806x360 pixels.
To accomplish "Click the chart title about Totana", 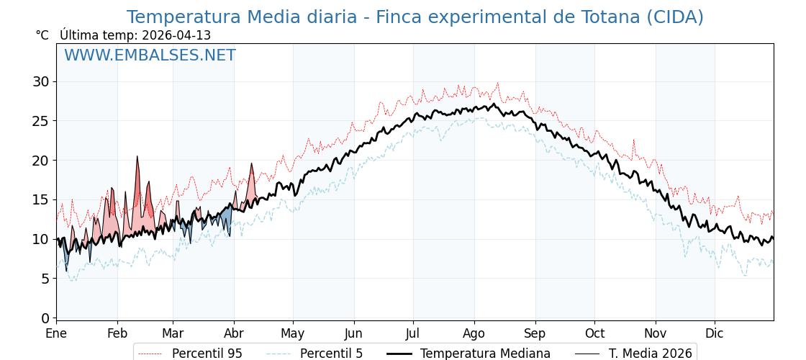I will [415, 17].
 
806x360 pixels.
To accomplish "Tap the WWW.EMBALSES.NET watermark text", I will [150, 55].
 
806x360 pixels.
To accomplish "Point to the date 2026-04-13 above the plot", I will [176, 35].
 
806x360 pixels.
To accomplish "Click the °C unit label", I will [42, 35].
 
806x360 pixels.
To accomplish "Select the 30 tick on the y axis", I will [41, 81].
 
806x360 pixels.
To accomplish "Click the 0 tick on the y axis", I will [45, 318].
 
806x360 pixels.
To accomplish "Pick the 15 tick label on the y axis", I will [41, 199].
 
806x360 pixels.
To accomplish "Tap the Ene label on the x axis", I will [56, 334].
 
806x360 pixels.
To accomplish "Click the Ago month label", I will [474, 334].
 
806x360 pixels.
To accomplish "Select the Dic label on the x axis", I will [715, 334].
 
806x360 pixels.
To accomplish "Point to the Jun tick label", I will [353, 334].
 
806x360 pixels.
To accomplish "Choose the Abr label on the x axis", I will [234, 334].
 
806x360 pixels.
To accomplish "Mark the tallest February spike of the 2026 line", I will [137, 157].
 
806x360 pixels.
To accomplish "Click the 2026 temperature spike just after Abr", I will [251, 164].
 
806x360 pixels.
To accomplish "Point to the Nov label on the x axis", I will [656, 334].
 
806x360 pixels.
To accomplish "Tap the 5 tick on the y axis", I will [45, 278].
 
